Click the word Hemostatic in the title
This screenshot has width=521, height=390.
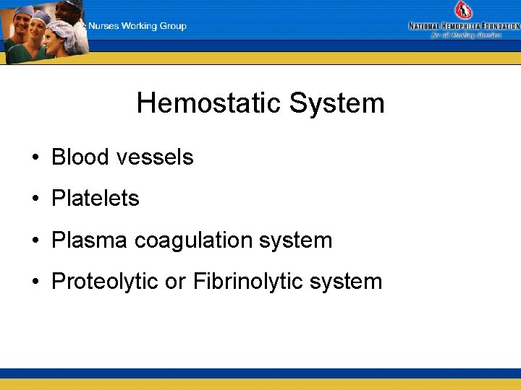209,103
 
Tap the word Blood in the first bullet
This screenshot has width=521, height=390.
80,157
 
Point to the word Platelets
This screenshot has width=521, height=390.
95,199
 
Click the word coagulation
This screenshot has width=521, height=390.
198,240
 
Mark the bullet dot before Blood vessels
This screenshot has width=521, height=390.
35,158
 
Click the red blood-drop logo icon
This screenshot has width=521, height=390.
462,10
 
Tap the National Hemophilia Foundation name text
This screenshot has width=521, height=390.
464,26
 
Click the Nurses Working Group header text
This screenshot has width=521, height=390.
137,26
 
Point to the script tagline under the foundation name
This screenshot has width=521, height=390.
466,35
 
